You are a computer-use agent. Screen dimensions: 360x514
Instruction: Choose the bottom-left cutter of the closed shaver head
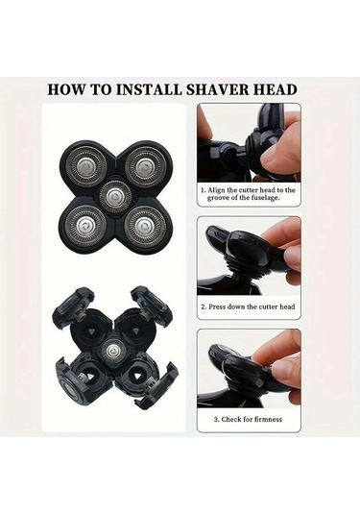85,226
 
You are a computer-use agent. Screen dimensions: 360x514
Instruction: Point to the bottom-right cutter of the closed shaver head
145,227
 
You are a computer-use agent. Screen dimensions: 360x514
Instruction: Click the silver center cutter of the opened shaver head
112,352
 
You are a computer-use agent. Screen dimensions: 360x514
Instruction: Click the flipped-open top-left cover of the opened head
72,304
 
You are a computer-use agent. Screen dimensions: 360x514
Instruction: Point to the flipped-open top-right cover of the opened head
151,304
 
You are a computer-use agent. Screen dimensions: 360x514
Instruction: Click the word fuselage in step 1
264,198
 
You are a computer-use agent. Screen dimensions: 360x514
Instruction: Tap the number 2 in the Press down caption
204,307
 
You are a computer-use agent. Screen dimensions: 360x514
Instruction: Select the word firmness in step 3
267,419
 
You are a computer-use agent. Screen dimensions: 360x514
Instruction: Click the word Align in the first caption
217,190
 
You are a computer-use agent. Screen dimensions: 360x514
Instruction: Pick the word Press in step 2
217,307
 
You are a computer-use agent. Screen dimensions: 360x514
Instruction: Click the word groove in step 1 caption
218,198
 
